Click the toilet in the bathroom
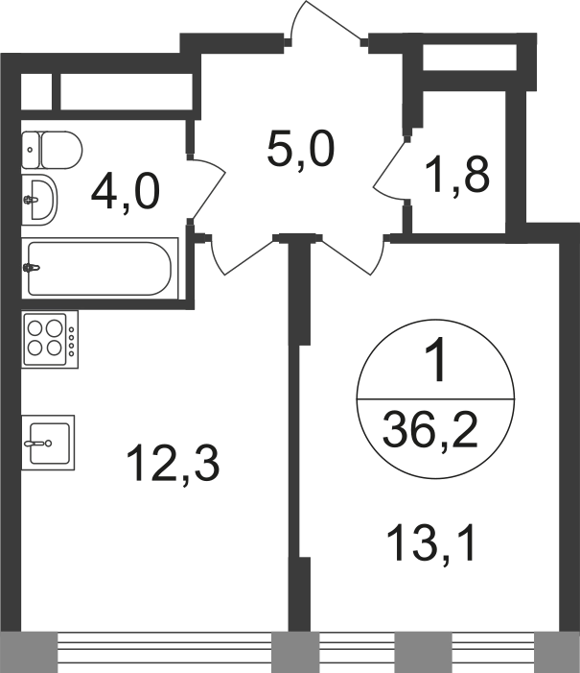pos(52,150)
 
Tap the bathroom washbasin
pos(39,200)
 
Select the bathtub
pos(100,269)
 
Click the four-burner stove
pos(50,339)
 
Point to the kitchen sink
pos(48,443)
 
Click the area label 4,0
pos(126,194)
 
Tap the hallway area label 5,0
pos(300,150)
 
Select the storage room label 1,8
pos(457,175)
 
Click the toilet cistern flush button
pos(30,150)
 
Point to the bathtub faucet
pos(32,268)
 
